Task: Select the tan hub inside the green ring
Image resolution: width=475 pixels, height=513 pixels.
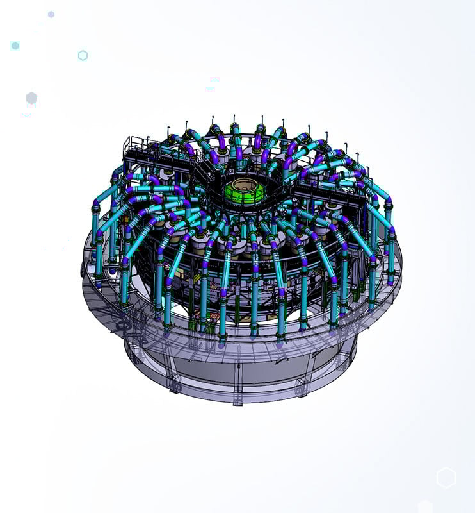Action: (x=247, y=190)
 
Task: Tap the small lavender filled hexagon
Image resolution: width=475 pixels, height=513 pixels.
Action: (x=51, y=14)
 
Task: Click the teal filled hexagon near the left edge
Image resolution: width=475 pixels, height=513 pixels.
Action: (x=15, y=46)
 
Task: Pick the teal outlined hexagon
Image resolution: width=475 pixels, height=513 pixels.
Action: (x=83, y=56)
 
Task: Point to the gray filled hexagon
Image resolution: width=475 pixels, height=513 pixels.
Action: (x=31, y=98)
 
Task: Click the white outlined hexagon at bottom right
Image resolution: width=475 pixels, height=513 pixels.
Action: (x=446, y=478)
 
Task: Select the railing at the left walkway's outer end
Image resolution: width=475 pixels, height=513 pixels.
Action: (x=134, y=144)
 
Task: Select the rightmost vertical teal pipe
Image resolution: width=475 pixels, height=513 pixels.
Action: (x=391, y=256)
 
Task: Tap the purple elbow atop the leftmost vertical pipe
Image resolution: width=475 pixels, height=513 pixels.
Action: (x=96, y=205)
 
